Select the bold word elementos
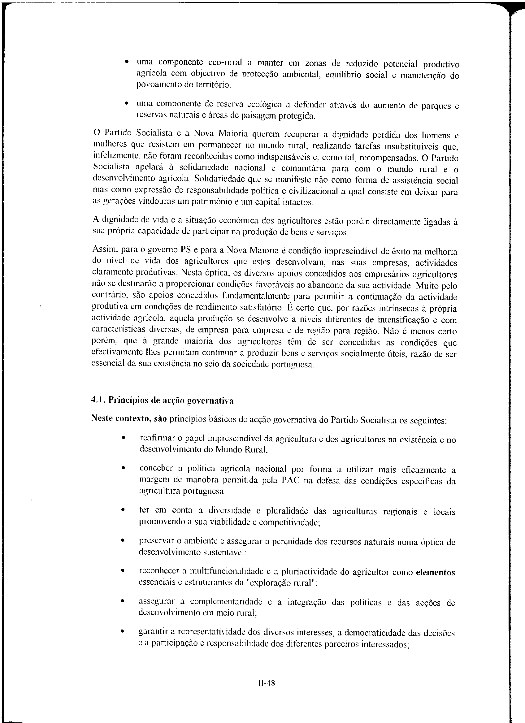coord(436,573)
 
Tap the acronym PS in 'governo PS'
coord(185,249)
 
